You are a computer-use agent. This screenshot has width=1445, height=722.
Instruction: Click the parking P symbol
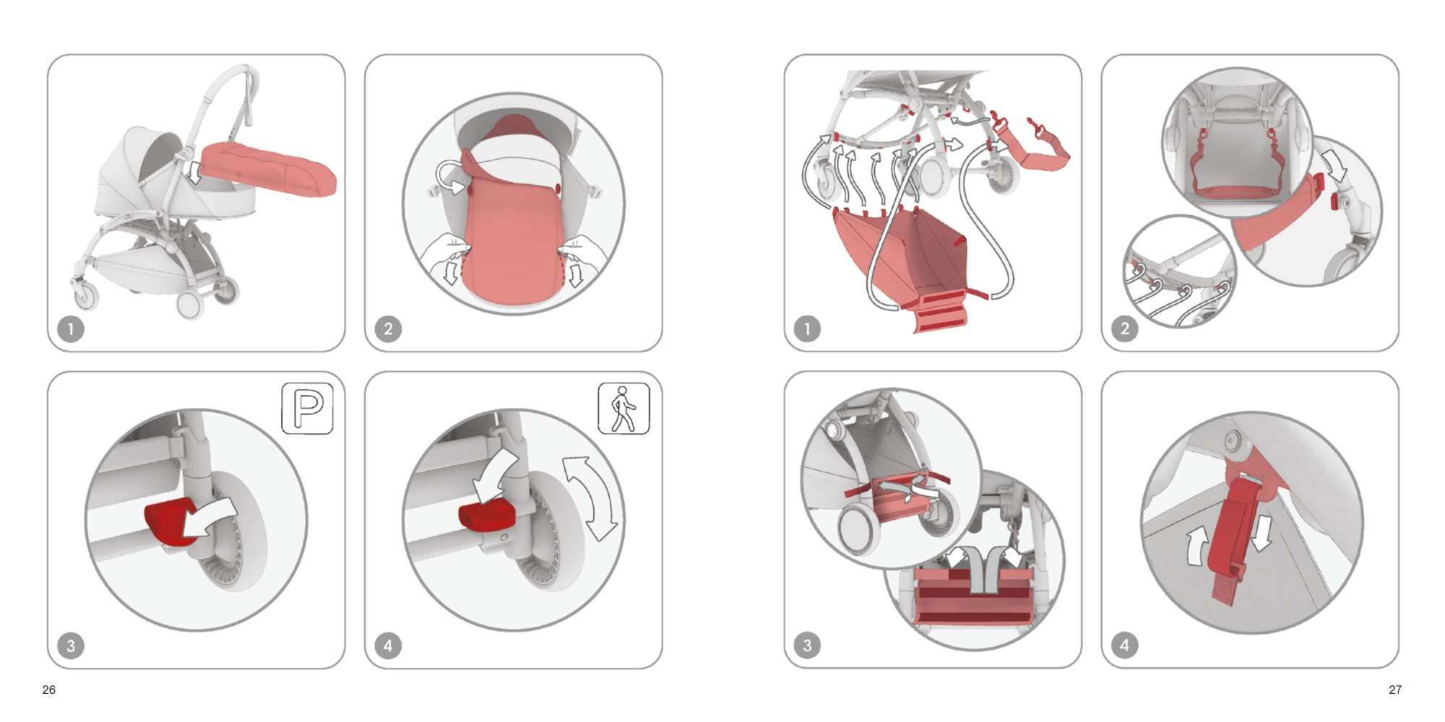tap(307, 409)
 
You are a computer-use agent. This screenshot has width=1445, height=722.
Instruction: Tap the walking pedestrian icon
tap(624, 409)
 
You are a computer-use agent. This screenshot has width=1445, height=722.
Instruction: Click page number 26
tap(49, 690)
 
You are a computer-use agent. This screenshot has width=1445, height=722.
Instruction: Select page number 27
tap(1395, 690)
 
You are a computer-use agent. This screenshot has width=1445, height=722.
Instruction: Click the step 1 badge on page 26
tap(71, 329)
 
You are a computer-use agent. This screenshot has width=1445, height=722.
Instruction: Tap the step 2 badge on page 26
tap(388, 329)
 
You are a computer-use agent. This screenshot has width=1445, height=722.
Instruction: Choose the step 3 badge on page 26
tap(71, 645)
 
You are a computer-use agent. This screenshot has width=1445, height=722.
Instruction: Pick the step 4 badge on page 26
tap(388, 645)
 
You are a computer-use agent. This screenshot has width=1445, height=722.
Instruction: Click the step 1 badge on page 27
tap(807, 329)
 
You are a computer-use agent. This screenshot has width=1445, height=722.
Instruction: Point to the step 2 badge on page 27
tap(1124, 329)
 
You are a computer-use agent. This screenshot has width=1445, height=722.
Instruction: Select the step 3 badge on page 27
tap(807, 645)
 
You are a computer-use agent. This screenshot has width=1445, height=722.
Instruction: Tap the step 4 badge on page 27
tap(1124, 645)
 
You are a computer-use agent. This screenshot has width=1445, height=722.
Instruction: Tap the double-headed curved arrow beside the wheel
tap(591, 498)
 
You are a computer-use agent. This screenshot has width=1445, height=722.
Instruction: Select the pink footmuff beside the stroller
tap(269, 169)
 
